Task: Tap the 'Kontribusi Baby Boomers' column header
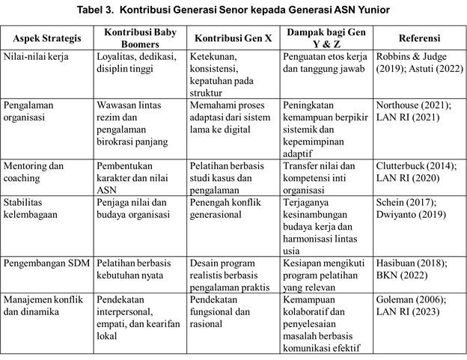tap(138, 37)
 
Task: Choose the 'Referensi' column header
tap(419, 38)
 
